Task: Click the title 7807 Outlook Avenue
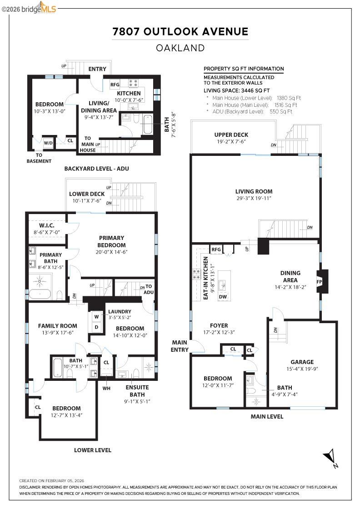180,31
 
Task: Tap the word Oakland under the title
180,48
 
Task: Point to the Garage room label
302,362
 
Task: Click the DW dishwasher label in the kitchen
223,297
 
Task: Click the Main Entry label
180,346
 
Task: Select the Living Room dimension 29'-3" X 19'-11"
254,199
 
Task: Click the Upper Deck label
231,135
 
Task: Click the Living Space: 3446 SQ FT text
236,90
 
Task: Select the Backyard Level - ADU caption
96,169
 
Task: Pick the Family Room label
57,325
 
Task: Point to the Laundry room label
120,311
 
